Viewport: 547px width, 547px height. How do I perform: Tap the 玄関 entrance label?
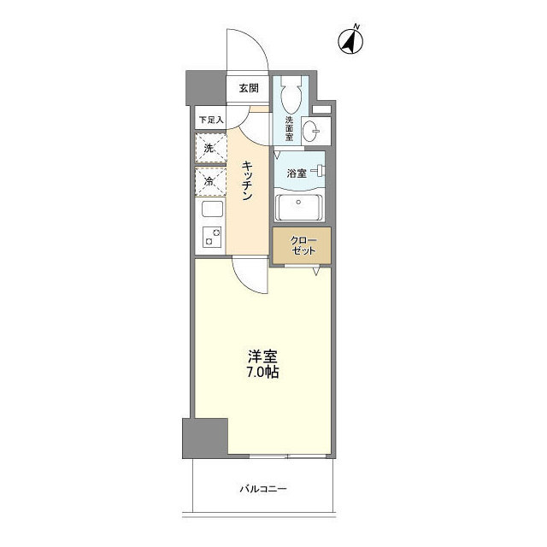tap(248, 88)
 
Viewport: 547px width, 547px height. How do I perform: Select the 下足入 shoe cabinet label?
tap(209, 120)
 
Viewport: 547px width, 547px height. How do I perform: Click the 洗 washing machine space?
tap(210, 149)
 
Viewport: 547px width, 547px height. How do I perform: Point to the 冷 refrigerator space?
tap(210, 180)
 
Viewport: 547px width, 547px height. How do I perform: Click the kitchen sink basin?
tap(210, 209)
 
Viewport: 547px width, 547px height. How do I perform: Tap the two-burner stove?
tap(210, 238)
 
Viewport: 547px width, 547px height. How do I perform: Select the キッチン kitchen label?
tap(247, 180)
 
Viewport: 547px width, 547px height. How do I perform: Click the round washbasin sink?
tap(312, 130)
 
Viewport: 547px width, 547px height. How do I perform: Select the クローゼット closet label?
tap(302, 244)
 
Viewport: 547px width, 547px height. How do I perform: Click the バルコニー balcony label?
tap(262, 489)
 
